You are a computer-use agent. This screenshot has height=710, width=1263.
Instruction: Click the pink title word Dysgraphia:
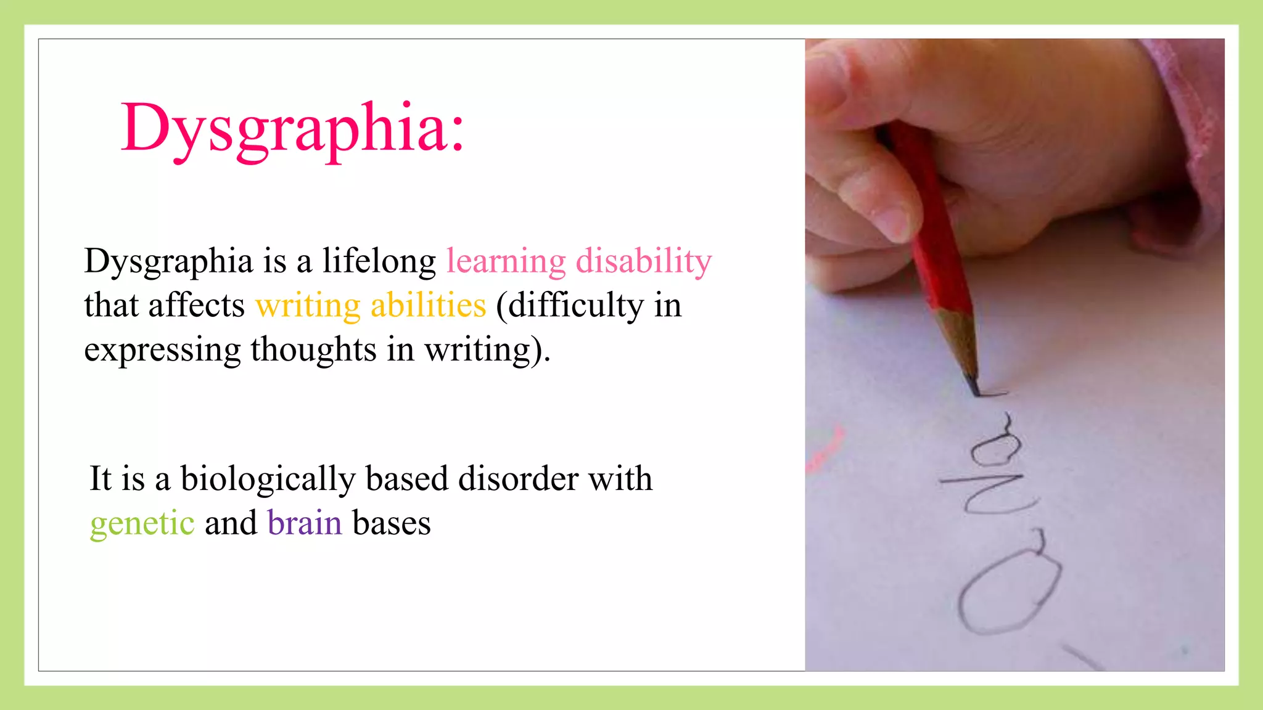tap(292, 128)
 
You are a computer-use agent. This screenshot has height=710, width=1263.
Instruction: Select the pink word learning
tap(506, 261)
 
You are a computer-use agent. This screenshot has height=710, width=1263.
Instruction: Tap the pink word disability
tap(644, 261)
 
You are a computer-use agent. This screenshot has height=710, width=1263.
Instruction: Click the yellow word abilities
tap(428, 306)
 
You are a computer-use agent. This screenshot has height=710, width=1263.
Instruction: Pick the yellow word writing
tap(308, 306)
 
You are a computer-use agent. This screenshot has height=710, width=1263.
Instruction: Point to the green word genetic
tap(142, 524)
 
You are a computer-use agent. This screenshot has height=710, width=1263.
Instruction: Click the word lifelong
tap(379, 261)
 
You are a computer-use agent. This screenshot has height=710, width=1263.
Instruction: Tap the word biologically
tap(268, 479)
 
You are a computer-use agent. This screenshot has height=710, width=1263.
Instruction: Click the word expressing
tap(162, 350)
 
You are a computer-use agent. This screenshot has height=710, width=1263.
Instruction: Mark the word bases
tap(392, 523)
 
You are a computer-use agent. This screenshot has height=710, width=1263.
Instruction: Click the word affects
tap(196, 305)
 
